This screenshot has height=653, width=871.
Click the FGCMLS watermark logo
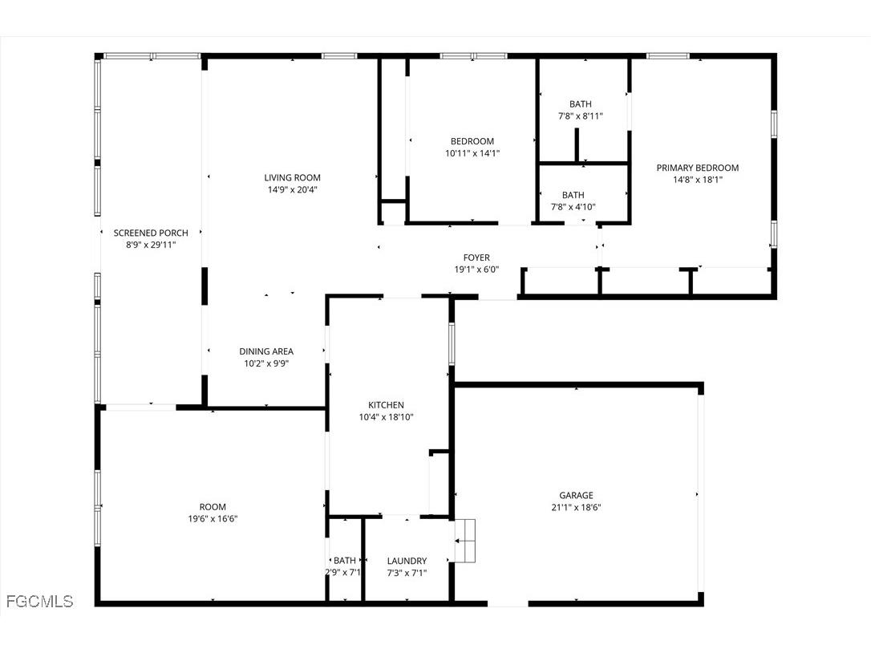point(39,601)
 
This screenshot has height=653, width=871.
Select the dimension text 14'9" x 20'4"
point(293,190)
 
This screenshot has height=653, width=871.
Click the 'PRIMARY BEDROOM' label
point(697,168)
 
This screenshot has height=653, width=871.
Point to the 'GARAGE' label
point(576,495)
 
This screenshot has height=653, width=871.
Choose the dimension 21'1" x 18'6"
point(576,507)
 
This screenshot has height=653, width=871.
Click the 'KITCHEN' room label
point(386,405)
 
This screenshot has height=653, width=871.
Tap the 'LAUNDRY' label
point(407,561)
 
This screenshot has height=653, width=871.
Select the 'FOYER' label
point(476,258)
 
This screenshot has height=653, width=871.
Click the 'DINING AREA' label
point(266,351)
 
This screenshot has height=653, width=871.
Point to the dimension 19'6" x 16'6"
point(213,519)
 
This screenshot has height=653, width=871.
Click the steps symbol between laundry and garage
point(465,541)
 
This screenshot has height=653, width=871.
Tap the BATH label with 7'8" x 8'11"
point(581,104)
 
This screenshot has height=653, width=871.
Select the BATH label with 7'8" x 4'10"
point(573,195)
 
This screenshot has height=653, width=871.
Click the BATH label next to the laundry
point(345,561)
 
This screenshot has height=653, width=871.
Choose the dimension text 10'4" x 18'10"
point(386,417)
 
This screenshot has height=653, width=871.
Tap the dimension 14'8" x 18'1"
point(697,180)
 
